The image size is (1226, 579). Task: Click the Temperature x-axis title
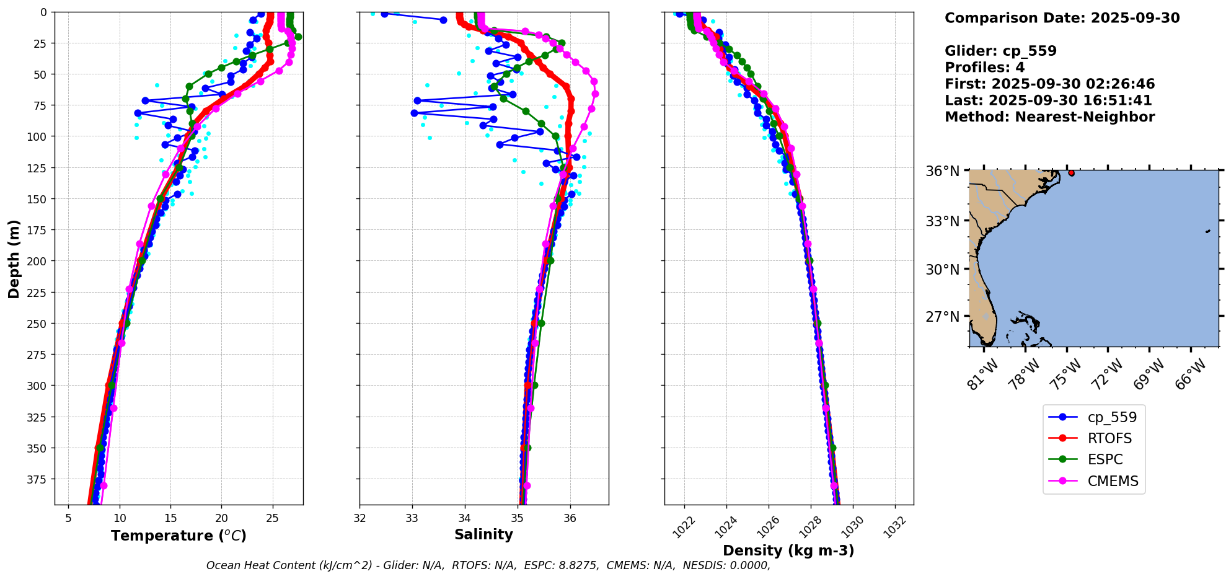(179, 536)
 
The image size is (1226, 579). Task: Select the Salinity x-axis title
(483, 534)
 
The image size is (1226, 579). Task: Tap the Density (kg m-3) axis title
(788, 550)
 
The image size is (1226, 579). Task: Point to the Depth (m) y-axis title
(14, 259)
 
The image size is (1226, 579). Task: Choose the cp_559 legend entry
(1112, 417)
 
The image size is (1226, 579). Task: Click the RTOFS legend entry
(1109, 438)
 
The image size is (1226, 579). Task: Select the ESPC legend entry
(1105, 459)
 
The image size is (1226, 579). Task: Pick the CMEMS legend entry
(1113, 481)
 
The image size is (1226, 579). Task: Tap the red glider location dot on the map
(1071, 173)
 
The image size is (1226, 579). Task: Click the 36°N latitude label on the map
(942, 171)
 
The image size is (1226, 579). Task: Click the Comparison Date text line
(1062, 18)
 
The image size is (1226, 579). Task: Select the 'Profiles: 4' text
(984, 68)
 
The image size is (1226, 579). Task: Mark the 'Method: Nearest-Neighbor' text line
(1049, 117)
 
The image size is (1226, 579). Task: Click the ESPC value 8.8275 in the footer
(577, 565)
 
